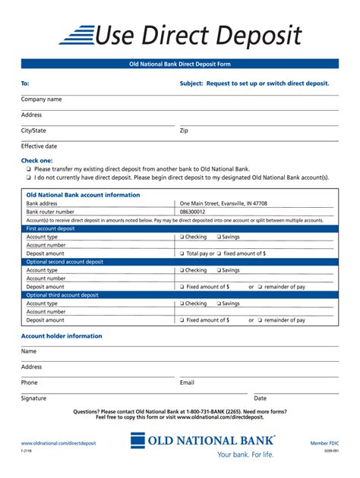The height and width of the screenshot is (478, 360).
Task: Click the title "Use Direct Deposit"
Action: [198, 35]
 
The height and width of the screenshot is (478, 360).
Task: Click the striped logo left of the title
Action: [76, 35]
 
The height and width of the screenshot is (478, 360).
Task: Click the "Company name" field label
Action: [42, 99]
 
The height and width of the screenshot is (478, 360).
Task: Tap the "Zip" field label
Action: [184, 131]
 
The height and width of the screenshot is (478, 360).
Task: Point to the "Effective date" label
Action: [39, 146]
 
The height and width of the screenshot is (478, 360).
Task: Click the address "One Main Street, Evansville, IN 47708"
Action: [223, 203]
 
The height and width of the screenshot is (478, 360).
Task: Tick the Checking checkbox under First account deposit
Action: [182, 237]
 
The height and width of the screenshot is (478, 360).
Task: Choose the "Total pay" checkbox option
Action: [182, 253]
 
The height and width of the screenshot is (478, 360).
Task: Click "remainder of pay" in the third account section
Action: [285, 320]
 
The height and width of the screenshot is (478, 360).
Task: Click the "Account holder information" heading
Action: [62, 336]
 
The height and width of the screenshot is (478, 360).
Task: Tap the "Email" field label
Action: [187, 382]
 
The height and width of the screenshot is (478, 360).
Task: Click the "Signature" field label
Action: [33, 398]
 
